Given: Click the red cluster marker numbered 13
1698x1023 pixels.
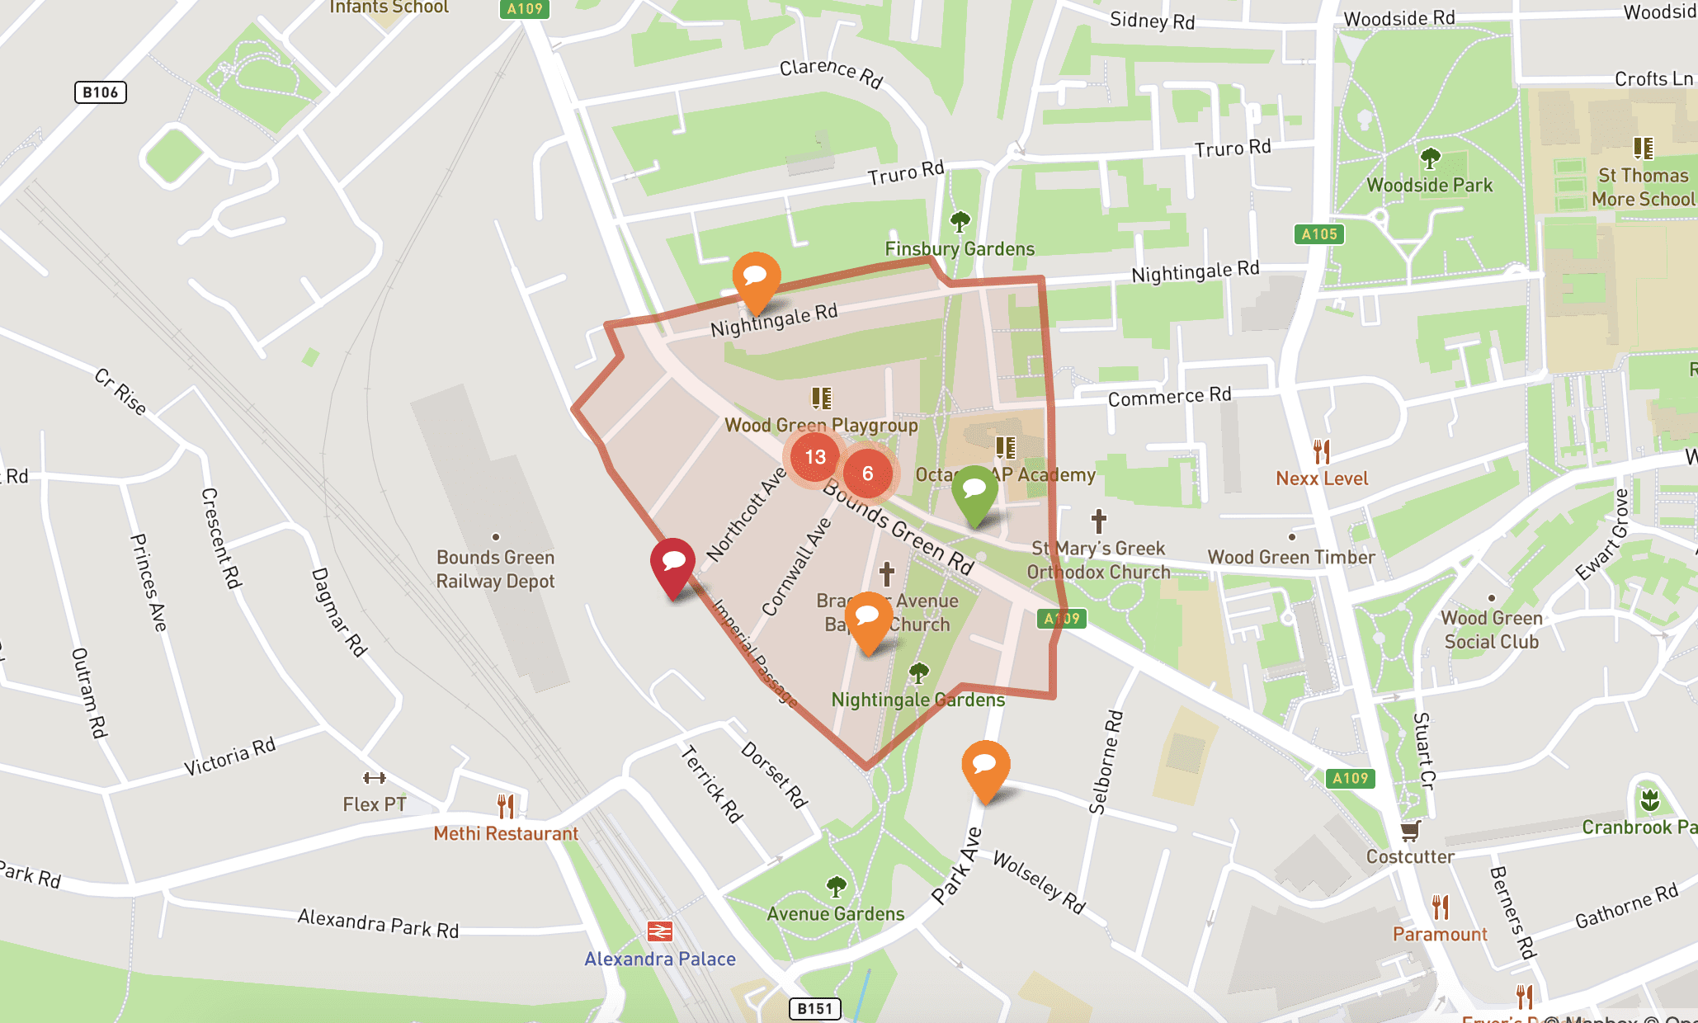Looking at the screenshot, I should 815,457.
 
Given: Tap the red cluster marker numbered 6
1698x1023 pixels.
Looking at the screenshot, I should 867,474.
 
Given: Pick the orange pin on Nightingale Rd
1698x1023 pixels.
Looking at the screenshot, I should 756,278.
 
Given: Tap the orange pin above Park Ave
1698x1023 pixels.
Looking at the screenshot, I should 985,766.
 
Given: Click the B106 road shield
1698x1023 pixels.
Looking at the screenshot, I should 100,92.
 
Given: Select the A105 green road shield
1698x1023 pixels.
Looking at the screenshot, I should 1318,234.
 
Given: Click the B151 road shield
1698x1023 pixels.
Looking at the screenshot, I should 814,1008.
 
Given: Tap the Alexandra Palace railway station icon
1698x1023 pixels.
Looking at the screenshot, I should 660,931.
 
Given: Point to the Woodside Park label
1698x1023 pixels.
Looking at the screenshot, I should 1429,186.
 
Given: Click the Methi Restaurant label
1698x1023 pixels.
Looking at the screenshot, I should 506,834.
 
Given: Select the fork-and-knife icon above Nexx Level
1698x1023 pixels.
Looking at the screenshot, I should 1322,452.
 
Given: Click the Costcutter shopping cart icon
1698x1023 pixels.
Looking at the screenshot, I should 1410,830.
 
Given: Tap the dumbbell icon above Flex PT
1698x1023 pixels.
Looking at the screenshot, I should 375,778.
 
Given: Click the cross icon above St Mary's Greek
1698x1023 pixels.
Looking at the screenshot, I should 1098,521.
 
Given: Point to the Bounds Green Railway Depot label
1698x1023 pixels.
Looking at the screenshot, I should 495,569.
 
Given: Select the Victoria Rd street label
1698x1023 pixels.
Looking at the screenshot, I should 229,757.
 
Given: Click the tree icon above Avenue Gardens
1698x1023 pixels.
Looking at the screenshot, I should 836,887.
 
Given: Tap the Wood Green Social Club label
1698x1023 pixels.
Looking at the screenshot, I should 1491,630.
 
